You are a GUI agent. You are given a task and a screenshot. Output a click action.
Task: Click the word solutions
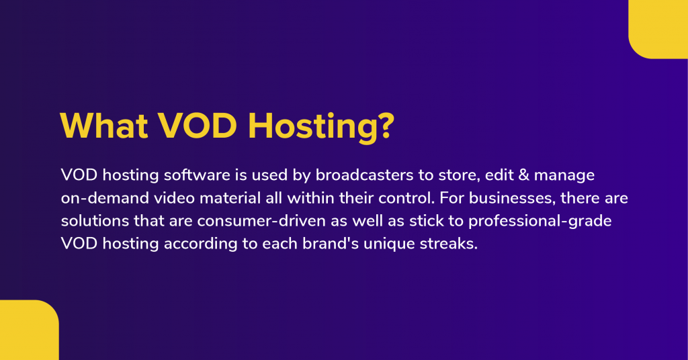coord(93,221)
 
